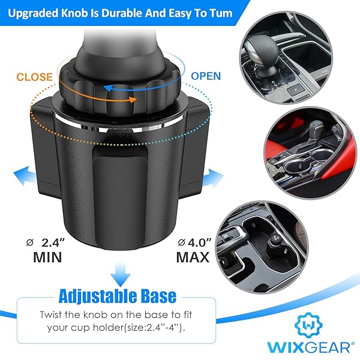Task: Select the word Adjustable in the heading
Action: point(95,296)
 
